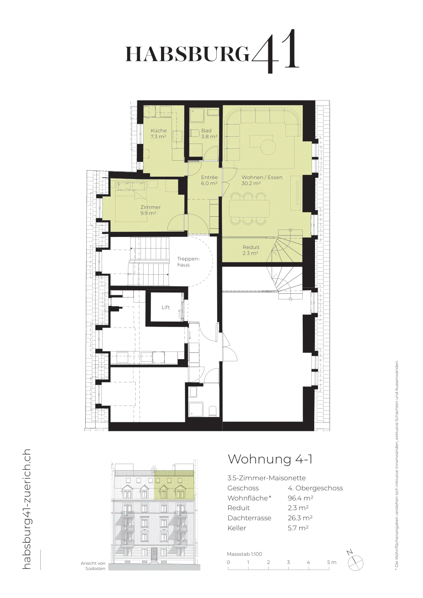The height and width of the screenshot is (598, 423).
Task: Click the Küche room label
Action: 158,133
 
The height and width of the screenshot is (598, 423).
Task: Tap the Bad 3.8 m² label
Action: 209,133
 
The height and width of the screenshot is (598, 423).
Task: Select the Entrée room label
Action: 209,180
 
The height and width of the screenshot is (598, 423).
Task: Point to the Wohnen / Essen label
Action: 262,180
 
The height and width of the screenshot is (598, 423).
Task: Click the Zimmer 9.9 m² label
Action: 150,210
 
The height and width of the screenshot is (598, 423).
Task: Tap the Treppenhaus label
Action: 188,262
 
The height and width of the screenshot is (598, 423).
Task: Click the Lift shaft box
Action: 166,307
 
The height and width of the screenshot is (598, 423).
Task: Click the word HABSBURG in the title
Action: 188,54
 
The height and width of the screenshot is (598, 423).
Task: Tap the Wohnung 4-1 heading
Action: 270,459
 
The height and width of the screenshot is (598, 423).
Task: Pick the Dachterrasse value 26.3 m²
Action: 300,518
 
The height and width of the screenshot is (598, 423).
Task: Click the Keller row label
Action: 237,528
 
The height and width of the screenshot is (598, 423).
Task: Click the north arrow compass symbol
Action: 355,561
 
